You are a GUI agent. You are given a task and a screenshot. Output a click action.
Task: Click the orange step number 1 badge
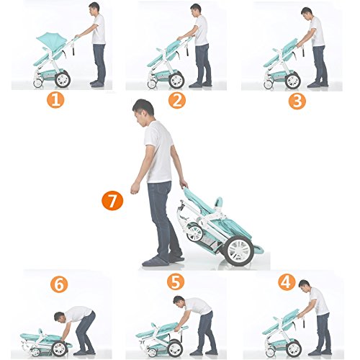[55, 99]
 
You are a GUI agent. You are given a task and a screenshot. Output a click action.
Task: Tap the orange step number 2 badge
[177, 101]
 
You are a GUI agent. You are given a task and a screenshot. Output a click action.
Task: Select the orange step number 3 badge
[297, 101]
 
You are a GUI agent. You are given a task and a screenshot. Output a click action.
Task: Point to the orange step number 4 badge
[287, 282]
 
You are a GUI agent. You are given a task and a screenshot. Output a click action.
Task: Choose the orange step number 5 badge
[176, 282]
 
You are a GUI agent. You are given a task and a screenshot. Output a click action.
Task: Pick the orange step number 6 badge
[59, 284]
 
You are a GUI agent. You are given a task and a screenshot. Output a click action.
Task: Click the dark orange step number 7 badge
[112, 201]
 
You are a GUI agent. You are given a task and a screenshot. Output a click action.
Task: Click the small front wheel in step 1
[37, 83]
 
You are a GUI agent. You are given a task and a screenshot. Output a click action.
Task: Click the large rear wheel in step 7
[239, 251]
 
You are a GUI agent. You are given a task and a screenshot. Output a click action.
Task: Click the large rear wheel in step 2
[176, 81]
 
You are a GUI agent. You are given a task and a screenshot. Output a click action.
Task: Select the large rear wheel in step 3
[292, 81]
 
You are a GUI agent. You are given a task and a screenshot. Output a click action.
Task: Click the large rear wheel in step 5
[175, 348]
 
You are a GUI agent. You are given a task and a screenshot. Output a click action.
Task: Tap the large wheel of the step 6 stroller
[60, 348]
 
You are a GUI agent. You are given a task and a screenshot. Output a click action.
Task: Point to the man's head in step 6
[59, 317]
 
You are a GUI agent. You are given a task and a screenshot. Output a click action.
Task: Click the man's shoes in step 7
[163, 261]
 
